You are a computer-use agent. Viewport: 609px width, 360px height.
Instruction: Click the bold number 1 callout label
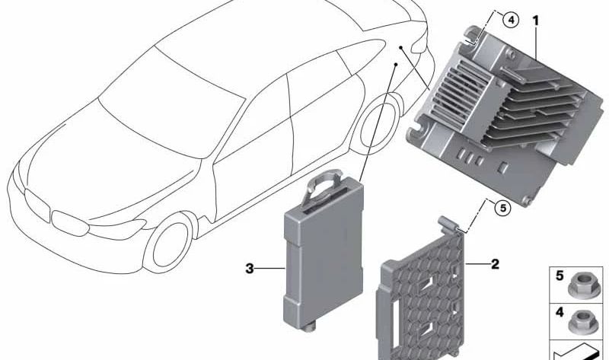pos(536,21)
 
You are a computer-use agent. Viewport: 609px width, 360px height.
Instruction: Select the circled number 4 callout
pos(510,20)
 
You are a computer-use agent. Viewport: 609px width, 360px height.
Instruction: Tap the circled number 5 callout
pos(503,208)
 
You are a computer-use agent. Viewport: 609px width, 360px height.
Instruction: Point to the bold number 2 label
pos(495,264)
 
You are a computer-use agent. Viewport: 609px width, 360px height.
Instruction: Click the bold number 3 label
pos(250,268)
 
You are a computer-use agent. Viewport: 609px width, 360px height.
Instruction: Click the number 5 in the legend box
pos(560,276)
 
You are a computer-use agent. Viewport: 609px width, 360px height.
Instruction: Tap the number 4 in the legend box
pos(560,312)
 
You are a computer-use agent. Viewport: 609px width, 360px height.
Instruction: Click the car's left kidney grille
pos(37,205)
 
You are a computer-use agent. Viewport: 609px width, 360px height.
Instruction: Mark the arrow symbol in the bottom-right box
pos(578,352)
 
